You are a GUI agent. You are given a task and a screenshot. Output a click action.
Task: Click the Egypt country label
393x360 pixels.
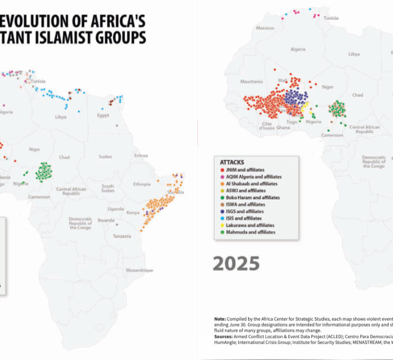point(103,115)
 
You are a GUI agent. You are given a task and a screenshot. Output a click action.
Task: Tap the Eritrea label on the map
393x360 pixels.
point(141,156)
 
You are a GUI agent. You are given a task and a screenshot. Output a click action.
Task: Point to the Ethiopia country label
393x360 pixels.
point(141,184)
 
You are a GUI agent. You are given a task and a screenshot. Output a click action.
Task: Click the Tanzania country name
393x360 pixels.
point(121,236)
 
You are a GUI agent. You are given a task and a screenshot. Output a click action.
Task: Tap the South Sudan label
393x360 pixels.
point(108,189)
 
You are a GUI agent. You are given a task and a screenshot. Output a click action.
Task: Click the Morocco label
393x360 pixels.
point(265,28)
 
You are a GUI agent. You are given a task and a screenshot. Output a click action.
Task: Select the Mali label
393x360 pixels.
point(282,80)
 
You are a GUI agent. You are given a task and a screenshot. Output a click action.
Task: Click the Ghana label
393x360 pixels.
point(282,127)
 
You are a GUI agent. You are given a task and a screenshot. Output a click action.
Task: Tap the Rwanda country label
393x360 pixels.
point(106,220)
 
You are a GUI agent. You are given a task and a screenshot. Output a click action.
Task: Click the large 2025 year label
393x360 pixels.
point(236,264)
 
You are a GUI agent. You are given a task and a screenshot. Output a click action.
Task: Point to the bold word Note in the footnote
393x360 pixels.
point(220,318)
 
